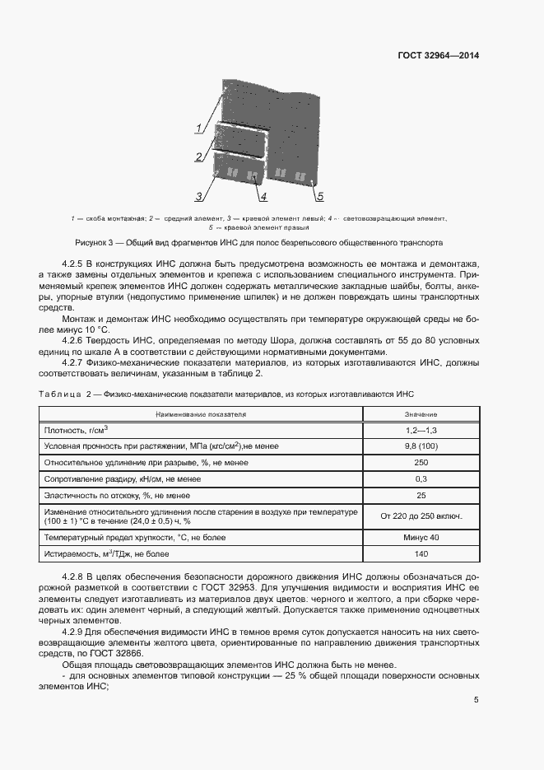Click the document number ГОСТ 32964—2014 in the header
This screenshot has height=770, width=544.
437,56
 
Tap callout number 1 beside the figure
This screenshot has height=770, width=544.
198,127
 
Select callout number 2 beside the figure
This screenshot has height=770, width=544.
198,156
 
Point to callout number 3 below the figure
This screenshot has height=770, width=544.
199,196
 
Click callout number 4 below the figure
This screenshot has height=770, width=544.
263,197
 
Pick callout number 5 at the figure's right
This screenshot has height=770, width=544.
319,196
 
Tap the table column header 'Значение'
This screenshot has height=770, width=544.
421,413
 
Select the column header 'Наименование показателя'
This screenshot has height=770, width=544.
198,413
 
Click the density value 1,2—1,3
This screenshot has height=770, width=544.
421,430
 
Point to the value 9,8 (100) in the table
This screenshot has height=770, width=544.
421,446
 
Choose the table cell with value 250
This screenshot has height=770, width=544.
421,463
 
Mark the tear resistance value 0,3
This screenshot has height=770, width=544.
421,479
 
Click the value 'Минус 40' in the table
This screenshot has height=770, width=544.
421,537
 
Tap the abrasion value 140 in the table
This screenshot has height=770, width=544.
421,554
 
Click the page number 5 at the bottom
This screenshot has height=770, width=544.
476,700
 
